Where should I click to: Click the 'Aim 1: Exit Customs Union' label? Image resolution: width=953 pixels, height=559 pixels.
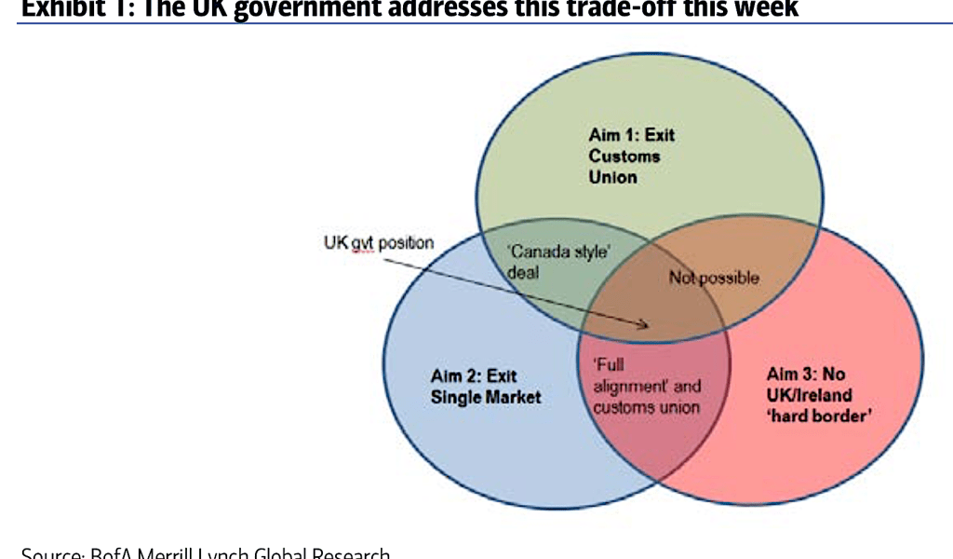point(631,156)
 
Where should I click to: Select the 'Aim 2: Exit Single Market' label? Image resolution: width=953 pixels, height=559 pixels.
point(486,387)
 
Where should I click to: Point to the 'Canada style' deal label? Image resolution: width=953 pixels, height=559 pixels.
point(553,262)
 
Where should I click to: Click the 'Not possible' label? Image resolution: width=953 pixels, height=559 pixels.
point(714,278)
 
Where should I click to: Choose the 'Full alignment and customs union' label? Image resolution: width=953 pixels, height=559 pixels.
point(647,387)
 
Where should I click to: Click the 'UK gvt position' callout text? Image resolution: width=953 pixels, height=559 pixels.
point(379,243)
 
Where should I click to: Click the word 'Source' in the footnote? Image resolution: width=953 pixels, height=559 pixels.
point(50,554)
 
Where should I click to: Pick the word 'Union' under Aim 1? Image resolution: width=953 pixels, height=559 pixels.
point(612,177)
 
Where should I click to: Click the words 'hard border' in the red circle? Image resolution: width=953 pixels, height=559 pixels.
point(818,416)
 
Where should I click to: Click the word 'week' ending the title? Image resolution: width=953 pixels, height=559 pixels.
point(762,8)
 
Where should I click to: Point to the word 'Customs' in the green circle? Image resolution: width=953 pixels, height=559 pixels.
point(624,156)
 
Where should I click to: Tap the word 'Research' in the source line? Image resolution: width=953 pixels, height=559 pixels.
point(343,554)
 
